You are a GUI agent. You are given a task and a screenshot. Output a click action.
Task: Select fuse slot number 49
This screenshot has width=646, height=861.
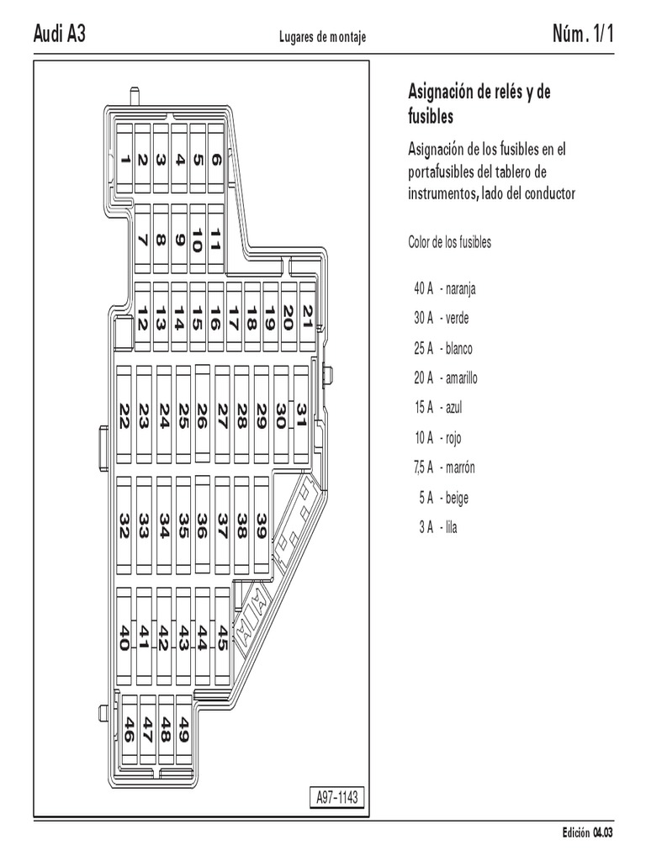pyautogui.click(x=184, y=728)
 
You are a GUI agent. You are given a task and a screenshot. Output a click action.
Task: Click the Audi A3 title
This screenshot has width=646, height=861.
pyautogui.click(x=59, y=34)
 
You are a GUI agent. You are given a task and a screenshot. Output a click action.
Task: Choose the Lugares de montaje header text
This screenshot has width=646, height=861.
pyautogui.click(x=322, y=37)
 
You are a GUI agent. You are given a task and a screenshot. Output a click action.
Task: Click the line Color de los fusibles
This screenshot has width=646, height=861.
pyautogui.click(x=449, y=243)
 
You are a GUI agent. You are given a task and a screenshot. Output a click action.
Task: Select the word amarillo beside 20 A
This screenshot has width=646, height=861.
pyautogui.click(x=458, y=378)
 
